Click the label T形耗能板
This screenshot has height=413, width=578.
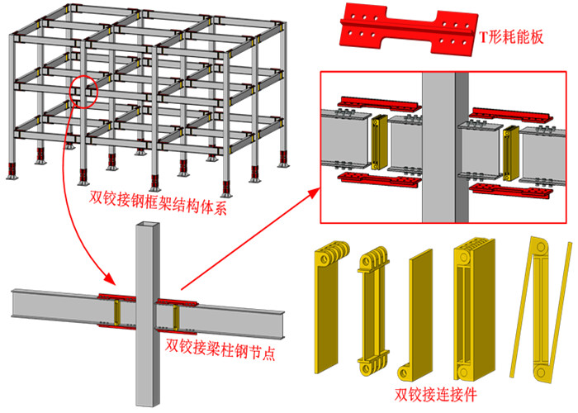(x=511, y=37)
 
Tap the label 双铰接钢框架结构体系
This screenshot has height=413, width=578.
(x=158, y=203)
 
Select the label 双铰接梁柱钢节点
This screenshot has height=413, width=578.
(x=220, y=349)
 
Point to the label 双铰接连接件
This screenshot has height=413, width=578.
(x=436, y=395)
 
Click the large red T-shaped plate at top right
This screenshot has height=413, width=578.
(x=408, y=29)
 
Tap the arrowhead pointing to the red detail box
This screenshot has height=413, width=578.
(x=315, y=192)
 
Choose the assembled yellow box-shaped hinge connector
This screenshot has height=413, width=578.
(x=474, y=310)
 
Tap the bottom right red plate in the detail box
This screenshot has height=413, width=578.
(x=511, y=190)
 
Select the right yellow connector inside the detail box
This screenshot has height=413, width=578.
(x=510, y=153)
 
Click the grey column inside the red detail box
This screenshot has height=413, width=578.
(x=445, y=148)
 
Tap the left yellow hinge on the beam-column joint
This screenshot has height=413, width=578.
(x=117, y=312)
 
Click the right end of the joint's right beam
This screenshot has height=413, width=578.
(x=282, y=325)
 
